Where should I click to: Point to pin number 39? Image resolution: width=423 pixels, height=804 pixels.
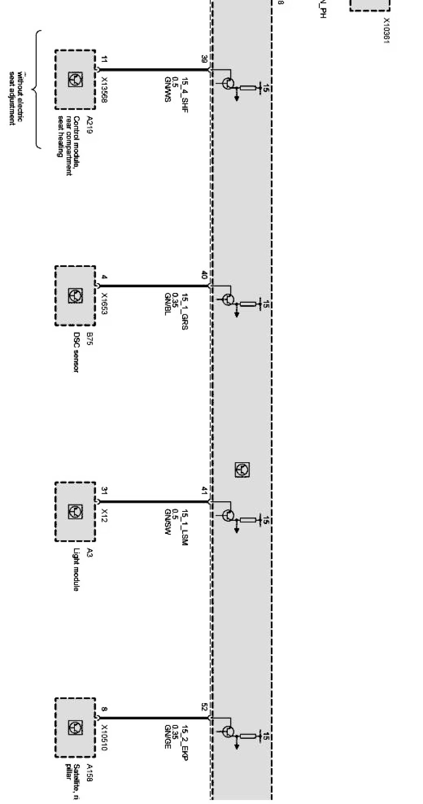(204, 59)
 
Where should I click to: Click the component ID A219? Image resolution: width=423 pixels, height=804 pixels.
(89, 125)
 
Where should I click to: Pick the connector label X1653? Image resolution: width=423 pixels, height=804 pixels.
(104, 303)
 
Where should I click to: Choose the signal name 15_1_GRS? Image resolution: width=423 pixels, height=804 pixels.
(185, 312)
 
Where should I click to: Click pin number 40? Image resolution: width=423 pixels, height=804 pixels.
(204, 275)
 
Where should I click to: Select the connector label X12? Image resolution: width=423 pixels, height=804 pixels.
(104, 514)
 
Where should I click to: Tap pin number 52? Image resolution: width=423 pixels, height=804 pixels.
(204, 707)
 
